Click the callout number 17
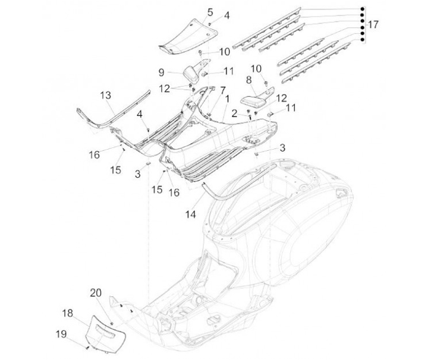(373, 24)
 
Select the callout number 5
(210, 12)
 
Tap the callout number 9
(161, 72)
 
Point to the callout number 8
(248, 80)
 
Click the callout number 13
(106, 95)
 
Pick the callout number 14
(191, 214)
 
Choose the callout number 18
(68, 313)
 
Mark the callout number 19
(61, 334)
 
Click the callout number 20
(96, 293)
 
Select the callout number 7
(223, 90)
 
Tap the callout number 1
(227, 99)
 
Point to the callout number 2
(234, 113)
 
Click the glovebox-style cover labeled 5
(188, 37)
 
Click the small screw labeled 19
(87, 348)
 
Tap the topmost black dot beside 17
(362, 9)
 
